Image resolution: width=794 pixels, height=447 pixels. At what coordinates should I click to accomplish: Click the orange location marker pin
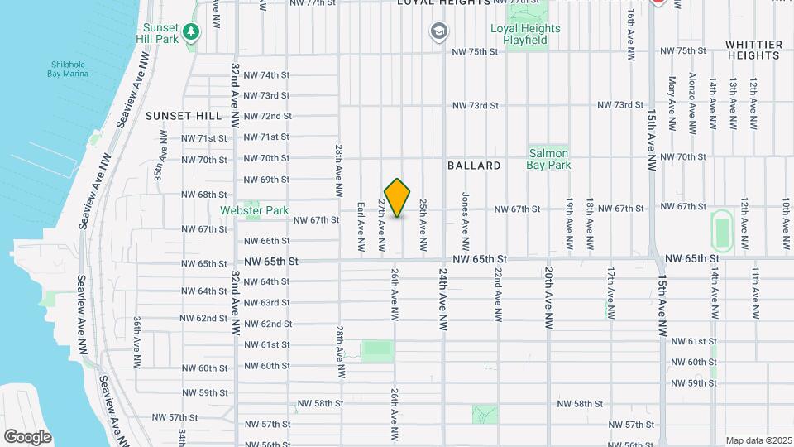pyautogui.click(x=398, y=198)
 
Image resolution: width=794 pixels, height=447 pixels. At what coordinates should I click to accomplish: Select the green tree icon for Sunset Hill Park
pyautogui.click(x=192, y=31)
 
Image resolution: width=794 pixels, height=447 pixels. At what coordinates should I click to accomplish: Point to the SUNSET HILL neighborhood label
pyautogui.click(x=179, y=116)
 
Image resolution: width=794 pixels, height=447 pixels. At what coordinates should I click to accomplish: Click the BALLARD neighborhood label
pyautogui.click(x=474, y=166)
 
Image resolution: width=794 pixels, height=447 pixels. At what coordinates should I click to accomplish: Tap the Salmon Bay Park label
pyautogui.click(x=548, y=159)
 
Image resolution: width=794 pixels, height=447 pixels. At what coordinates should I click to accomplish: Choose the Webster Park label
pyautogui.click(x=252, y=210)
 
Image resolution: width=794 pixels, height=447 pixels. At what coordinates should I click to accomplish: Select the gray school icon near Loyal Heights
pyautogui.click(x=438, y=32)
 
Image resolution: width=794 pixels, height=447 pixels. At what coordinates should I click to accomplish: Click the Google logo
pyautogui.click(x=27, y=436)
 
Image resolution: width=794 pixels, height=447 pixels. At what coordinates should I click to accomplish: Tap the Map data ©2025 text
pyautogui.click(x=758, y=440)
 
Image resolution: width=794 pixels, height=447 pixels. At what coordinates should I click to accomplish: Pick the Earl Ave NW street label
pyautogui.click(x=361, y=225)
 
